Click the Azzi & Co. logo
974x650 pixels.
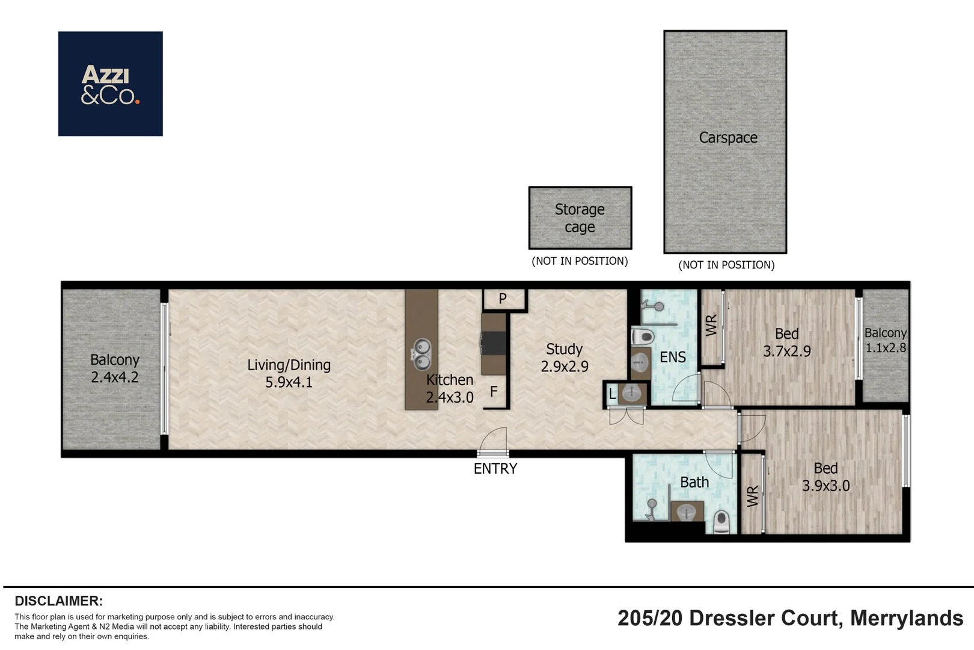tap(111, 84)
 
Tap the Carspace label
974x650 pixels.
tap(728, 138)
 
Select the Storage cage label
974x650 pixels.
tap(580, 218)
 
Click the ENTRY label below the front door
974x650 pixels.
tap(495, 468)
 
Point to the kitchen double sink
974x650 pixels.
tap(421, 354)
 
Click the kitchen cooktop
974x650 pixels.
tap(494, 344)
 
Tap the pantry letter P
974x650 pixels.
tap(503, 299)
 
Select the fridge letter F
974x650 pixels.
tap(494, 392)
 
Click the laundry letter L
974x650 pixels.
tap(612, 394)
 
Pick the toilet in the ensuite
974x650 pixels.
tap(643, 336)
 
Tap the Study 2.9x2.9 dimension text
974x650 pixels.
tap(565, 367)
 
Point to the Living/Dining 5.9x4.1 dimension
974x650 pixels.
tap(289, 382)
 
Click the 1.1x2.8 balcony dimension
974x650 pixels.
tap(886, 348)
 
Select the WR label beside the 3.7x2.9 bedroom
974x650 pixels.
tap(711, 325)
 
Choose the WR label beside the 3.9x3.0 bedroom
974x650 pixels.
tap(753, 497)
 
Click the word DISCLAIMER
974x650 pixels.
tap(59, 601)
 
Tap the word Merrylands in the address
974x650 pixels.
tap(907, 619)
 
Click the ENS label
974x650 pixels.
tap(673, 357)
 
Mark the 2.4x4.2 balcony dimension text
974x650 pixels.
tap(115, 377)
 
